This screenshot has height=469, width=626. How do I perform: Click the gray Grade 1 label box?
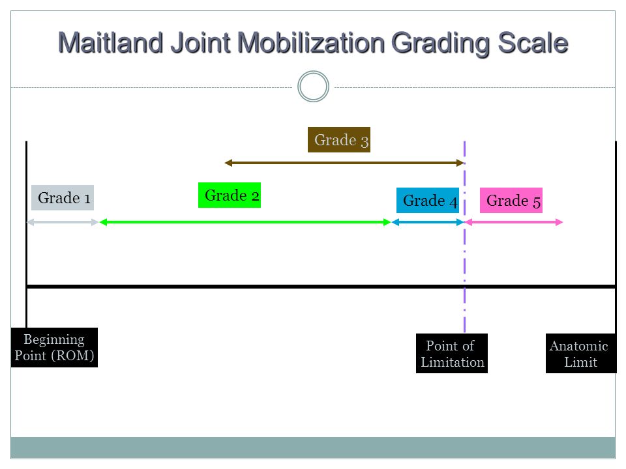tap(63, 197)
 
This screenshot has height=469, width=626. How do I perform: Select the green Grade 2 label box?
tap(230, 195)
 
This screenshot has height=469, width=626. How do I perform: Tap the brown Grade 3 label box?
tap(339, 139)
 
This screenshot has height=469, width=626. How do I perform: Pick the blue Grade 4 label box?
tap(428, 200)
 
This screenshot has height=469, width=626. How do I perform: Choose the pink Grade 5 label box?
tap(511, 200)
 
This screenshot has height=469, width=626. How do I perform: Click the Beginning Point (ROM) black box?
tap(54, 347)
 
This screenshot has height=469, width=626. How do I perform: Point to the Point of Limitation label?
tap(452, 353)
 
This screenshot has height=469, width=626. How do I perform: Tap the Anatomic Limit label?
tap(581, 353)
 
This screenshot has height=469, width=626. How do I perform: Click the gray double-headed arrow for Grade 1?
tap(63, 222)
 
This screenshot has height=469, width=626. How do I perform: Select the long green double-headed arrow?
tap(245, 222)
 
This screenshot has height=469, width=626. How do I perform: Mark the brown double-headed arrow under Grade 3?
tap(344, 163)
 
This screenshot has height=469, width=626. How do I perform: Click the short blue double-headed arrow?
tap(428, 222)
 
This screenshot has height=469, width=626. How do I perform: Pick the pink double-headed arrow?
tap(514, 222)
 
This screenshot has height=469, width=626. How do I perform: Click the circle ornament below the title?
tap(314, 72)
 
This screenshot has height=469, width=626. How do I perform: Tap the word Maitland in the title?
tap(111, 43)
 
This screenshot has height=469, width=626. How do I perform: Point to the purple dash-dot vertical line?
tap(465, 236)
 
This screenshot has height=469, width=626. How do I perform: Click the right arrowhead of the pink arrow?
tap(559, 222)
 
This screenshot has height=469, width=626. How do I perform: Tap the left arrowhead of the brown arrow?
tap(228, 163)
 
